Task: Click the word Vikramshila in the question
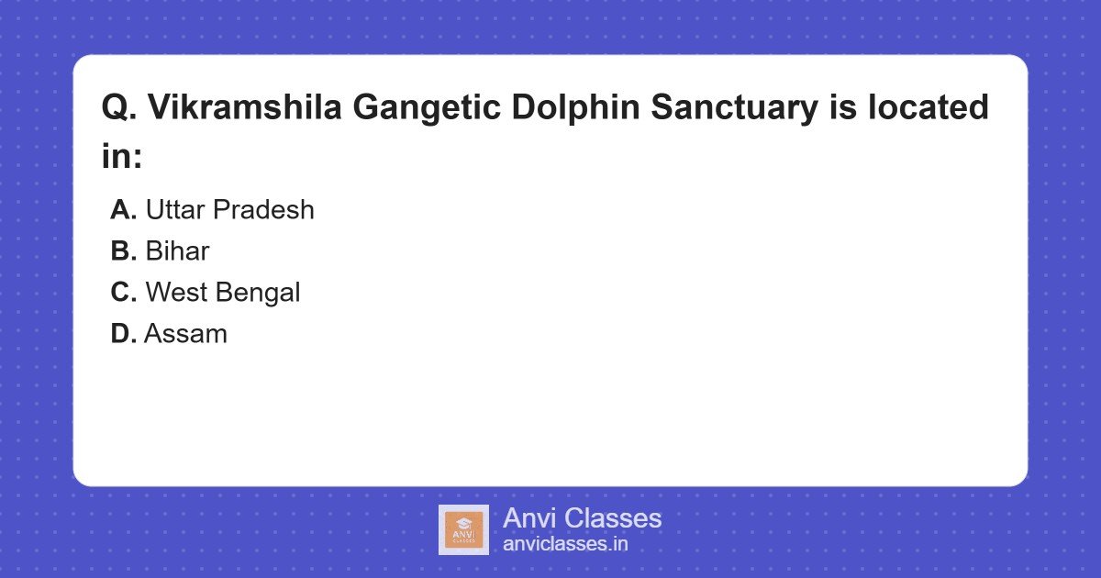coord(243,108)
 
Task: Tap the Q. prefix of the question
coord(119,108)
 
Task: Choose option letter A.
coord(123,210)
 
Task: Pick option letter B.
coord(123,251)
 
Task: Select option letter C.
coord(123,293)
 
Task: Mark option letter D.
coord(123,334)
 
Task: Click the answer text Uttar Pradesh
coord(229,210)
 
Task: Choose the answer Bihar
coord(177,251)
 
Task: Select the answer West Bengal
coord(223,293)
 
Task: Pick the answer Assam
coord(185,334)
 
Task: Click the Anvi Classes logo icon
coord(463,529)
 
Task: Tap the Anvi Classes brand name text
coord(582,518)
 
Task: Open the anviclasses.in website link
coord(565,544)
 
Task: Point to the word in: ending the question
coord(122,157)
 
